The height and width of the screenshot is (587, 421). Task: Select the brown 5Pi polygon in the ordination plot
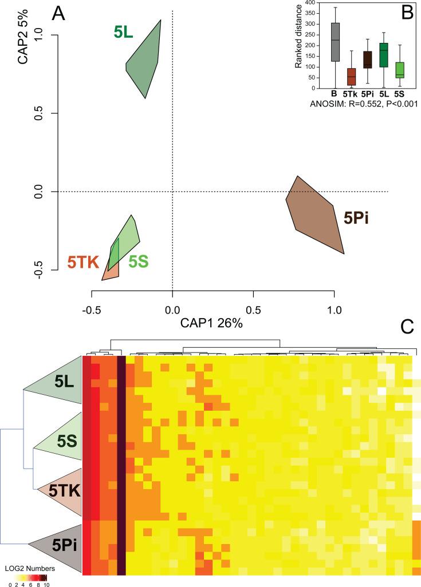pos(316,215)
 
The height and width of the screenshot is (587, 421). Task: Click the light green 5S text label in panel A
pos(139,262)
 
